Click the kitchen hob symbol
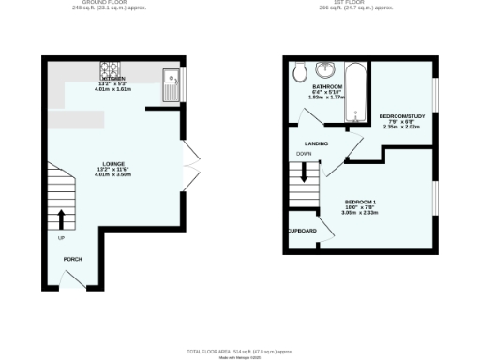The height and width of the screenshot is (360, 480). coord(110,69)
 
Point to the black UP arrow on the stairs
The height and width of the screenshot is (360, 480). coord(62,218)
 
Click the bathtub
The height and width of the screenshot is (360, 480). coord(357,93)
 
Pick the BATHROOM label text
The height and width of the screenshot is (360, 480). coord(327,86)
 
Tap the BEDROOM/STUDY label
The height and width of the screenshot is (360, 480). coord(401,116)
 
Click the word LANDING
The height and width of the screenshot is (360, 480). coord(316,142)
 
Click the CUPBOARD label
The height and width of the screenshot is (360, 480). coord(302,231)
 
